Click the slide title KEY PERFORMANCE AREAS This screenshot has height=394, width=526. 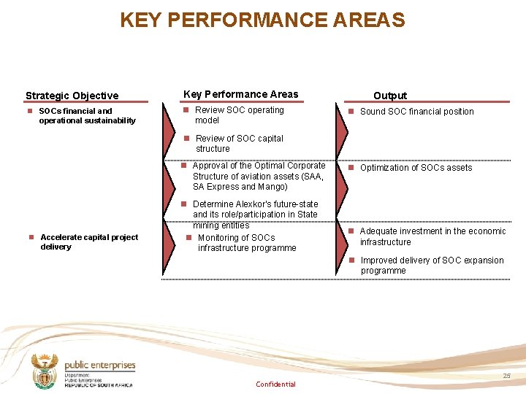pyautogui.click(x=262, y=20)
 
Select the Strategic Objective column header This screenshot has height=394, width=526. pyautogui.click(x=72, y=96)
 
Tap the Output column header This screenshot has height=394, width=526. pyautogui.click(x=390, y=96)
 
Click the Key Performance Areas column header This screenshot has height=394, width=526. pyautogui.click(x=240, y=94)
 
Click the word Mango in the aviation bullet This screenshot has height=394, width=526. pyautogui.click(x=272, y=187)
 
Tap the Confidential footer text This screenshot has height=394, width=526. pyautogui.click(x=275, y=385)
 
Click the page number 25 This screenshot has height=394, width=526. pyautogui.click(x=506, y=375)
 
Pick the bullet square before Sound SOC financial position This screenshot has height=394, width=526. pyautogui.click(x=351, y=112)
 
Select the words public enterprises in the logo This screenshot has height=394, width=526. pyautogui.click(x=100, y=366)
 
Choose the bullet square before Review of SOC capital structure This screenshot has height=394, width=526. pyautogui.click(x=186, y=138)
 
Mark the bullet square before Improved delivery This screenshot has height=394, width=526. pyautogui.click(x=351, y=260)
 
